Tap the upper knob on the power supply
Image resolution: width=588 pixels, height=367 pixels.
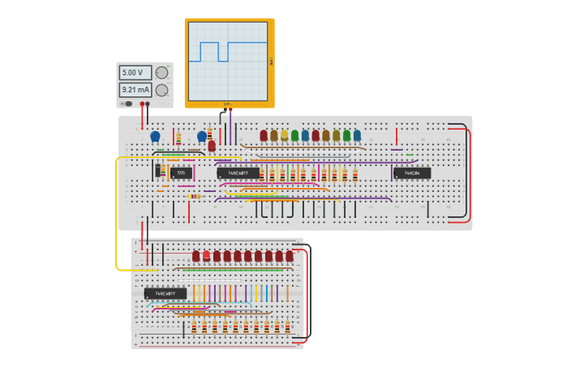[x=161, y=72]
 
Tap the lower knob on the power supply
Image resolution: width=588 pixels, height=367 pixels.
[x=161, y=90]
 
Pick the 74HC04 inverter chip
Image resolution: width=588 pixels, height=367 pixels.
[x=412, y=173]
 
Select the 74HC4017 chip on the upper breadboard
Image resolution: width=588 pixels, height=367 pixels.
[x=238, y=173]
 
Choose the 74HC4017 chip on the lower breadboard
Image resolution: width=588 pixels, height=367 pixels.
[x=165, y=293]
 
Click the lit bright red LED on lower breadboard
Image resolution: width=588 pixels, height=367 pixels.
[x=206, y=256]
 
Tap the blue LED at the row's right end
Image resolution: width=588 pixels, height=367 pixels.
[x=357, y=135]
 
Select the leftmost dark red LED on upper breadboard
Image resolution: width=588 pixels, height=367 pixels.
[x=264, y=135]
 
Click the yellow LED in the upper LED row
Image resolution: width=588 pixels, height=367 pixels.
[x=285, y=135]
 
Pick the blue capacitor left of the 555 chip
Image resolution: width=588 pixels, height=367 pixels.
[x=155, y=137]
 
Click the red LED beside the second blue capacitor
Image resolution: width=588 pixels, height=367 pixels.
[x=212, y=146]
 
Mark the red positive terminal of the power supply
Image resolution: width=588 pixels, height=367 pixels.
[x=142, y=105]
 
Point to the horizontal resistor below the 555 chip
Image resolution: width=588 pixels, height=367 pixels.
[x=195, y=196]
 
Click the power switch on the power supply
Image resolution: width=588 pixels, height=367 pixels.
[x=128, y=104]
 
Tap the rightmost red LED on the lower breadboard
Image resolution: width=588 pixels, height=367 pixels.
[x=290, y=256]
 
